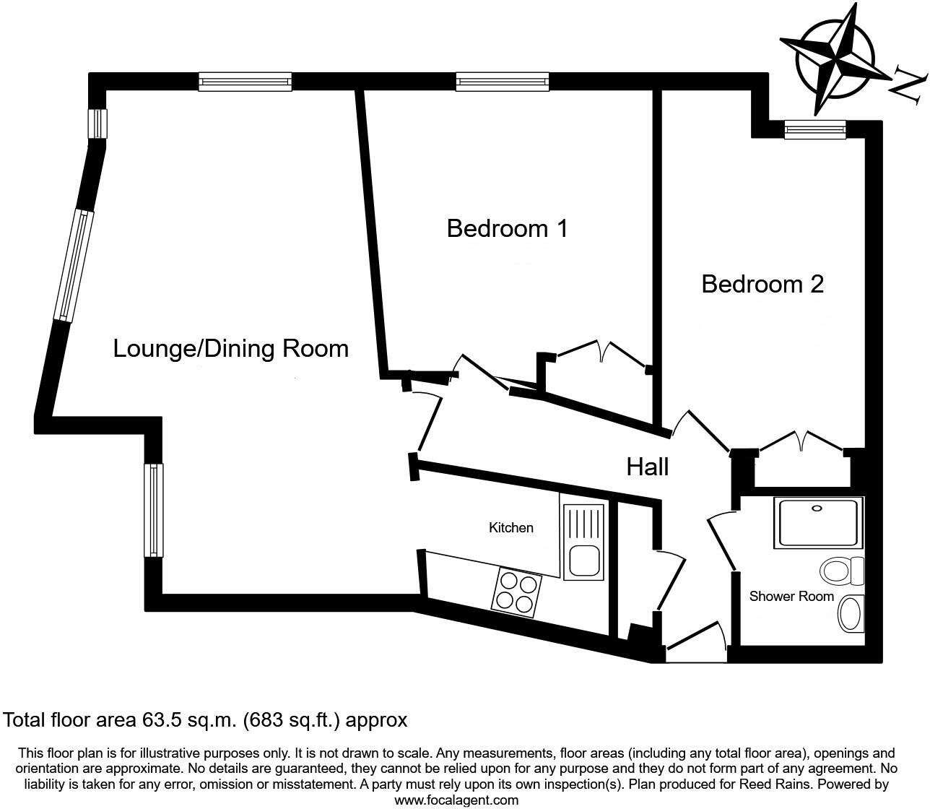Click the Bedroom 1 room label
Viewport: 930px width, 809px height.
tap(507, 228)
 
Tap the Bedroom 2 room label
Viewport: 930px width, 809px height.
tap(762, 284)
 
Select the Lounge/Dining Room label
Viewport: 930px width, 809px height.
tap(230, 348)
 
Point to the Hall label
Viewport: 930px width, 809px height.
tap(647, 467)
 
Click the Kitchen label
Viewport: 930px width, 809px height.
tap(510, 527)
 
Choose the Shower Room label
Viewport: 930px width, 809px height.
tap(791, 596)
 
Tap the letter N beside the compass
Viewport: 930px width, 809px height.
tap(907, 85)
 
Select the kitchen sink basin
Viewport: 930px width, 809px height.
tap(583, 561)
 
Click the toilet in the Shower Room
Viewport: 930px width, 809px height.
tap(842, 571)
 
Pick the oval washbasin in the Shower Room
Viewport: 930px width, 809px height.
tap(851, 613)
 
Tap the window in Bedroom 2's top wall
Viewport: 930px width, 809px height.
tap(814, 129)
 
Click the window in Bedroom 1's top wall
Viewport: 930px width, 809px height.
tap(502, 82)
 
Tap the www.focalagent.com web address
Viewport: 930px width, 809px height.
tap(456, 800)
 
